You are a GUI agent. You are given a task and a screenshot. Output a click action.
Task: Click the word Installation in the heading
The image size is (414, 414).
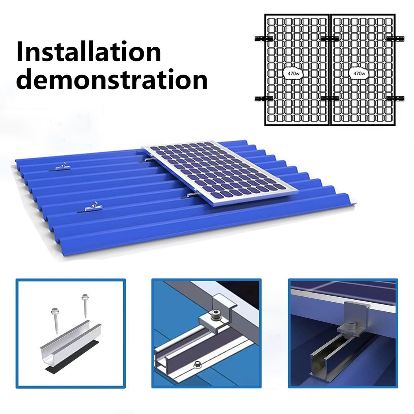89,52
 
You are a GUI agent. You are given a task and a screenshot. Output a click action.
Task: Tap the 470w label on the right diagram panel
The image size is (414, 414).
359,73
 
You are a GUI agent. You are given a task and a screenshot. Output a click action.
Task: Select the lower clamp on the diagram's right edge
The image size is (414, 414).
397,98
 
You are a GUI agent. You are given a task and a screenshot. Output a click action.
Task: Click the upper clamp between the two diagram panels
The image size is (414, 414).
330,38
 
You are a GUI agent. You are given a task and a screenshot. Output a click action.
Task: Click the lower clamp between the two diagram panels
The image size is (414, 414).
330,98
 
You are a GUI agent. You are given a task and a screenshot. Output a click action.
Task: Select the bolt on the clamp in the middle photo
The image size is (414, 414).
215,316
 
